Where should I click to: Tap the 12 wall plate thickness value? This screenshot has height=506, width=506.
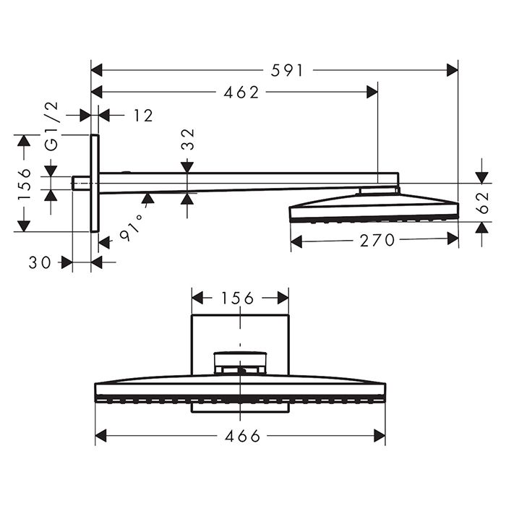click(x=143, y=115)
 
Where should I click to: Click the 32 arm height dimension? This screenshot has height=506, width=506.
click(x=187, y=138)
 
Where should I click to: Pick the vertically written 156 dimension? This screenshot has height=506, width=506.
click(x=25, y=184)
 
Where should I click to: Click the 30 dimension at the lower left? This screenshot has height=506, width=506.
click(x=40, y=263)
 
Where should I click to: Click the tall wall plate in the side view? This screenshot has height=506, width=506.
click(x=94, y=183)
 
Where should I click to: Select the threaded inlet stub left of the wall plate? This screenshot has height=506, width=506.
click(x=81, y=183)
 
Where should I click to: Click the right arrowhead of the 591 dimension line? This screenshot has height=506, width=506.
click(x=453, y=70)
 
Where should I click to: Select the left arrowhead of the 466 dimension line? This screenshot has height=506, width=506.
click(x=101, y=436)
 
